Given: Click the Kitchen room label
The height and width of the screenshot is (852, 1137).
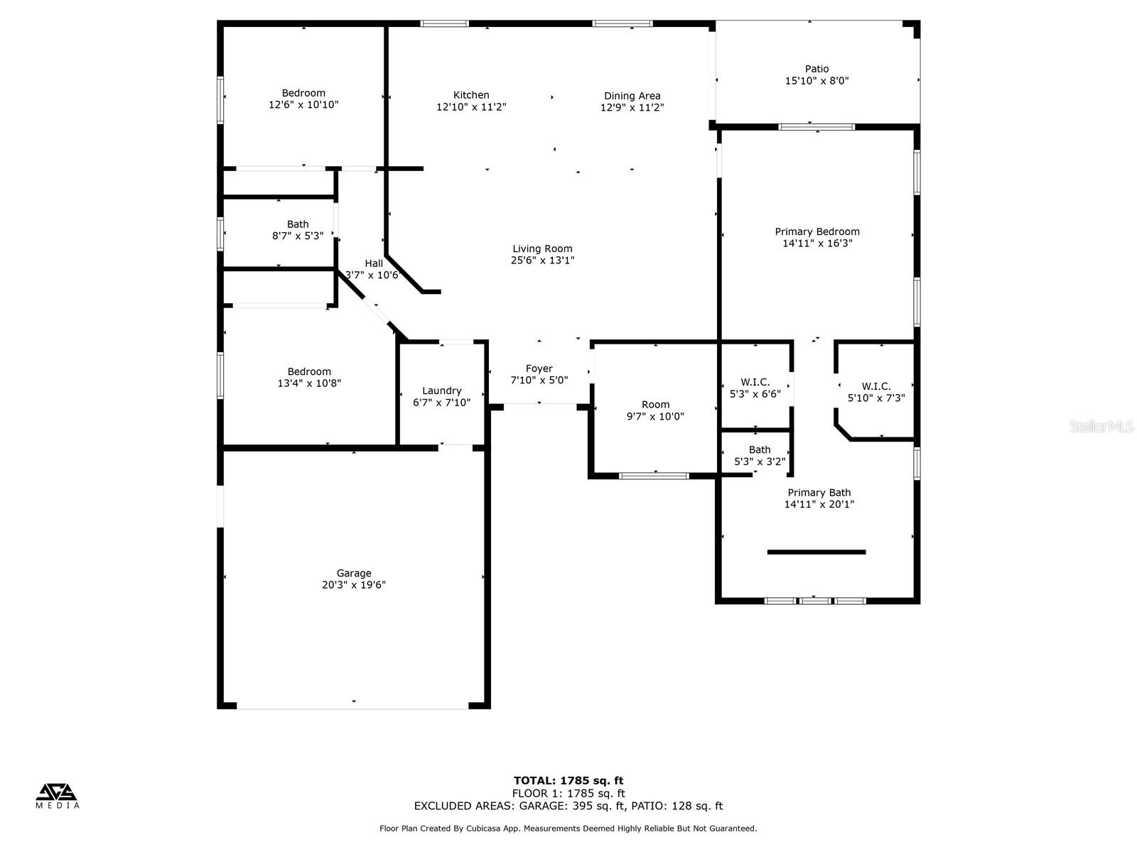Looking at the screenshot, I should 471,95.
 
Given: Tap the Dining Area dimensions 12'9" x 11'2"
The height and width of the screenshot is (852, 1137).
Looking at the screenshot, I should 632,108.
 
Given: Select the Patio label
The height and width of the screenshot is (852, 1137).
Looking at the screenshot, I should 817,69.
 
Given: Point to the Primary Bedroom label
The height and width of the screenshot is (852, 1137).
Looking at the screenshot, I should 817,231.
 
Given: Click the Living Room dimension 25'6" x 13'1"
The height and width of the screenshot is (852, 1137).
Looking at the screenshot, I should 542,261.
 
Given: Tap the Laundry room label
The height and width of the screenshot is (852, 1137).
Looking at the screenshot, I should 441,390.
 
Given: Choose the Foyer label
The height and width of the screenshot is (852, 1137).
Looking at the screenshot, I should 539,368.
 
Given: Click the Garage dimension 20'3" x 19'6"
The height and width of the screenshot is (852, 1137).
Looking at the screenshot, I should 354,585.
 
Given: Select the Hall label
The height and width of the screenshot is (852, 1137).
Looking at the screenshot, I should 374,263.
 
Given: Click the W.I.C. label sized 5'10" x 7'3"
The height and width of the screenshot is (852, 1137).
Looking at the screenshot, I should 875,386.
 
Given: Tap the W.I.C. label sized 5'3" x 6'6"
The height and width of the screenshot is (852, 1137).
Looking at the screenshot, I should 755,382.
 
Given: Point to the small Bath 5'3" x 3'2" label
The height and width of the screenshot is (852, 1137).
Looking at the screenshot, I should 759,449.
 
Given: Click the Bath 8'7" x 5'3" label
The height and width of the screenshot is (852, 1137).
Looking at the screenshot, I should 298,224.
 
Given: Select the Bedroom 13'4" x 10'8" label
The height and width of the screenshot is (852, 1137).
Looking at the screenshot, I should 309,371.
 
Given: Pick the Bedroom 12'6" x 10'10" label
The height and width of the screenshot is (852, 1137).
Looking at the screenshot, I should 303,93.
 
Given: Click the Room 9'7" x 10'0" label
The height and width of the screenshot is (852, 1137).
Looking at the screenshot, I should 655,405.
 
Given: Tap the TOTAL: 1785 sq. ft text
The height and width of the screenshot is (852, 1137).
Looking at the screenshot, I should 568,781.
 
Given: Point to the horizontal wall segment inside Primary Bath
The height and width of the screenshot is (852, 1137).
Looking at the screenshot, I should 817,552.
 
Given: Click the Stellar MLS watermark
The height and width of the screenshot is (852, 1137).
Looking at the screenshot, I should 1101,427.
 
